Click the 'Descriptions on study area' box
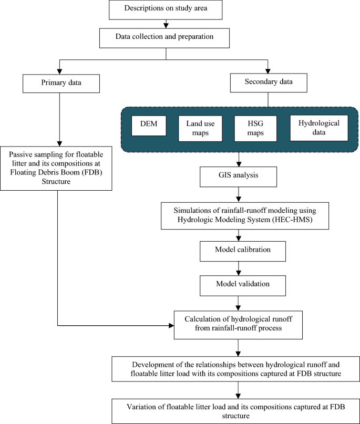click(x=166, y=10)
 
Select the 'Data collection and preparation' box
click(x=164, y=38)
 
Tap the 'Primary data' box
click(x=61, y=84)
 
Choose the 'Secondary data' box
click(x=269, y=82)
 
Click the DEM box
click(x=149, y=126)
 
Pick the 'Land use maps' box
click(x=200, y=128)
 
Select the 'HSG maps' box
click(x=255, y=128)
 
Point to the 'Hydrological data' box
click(x=319, y=128)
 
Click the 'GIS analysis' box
click(x=238, y=177)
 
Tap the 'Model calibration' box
click(x=243, y=252)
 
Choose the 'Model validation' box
click(x=243, y=285)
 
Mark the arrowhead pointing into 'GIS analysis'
click(x=239, y=164)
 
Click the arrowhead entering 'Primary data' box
click(x=59, y=71)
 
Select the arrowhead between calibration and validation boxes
click(x=239, y=273)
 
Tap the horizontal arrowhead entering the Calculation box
click(x=171, y=326)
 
